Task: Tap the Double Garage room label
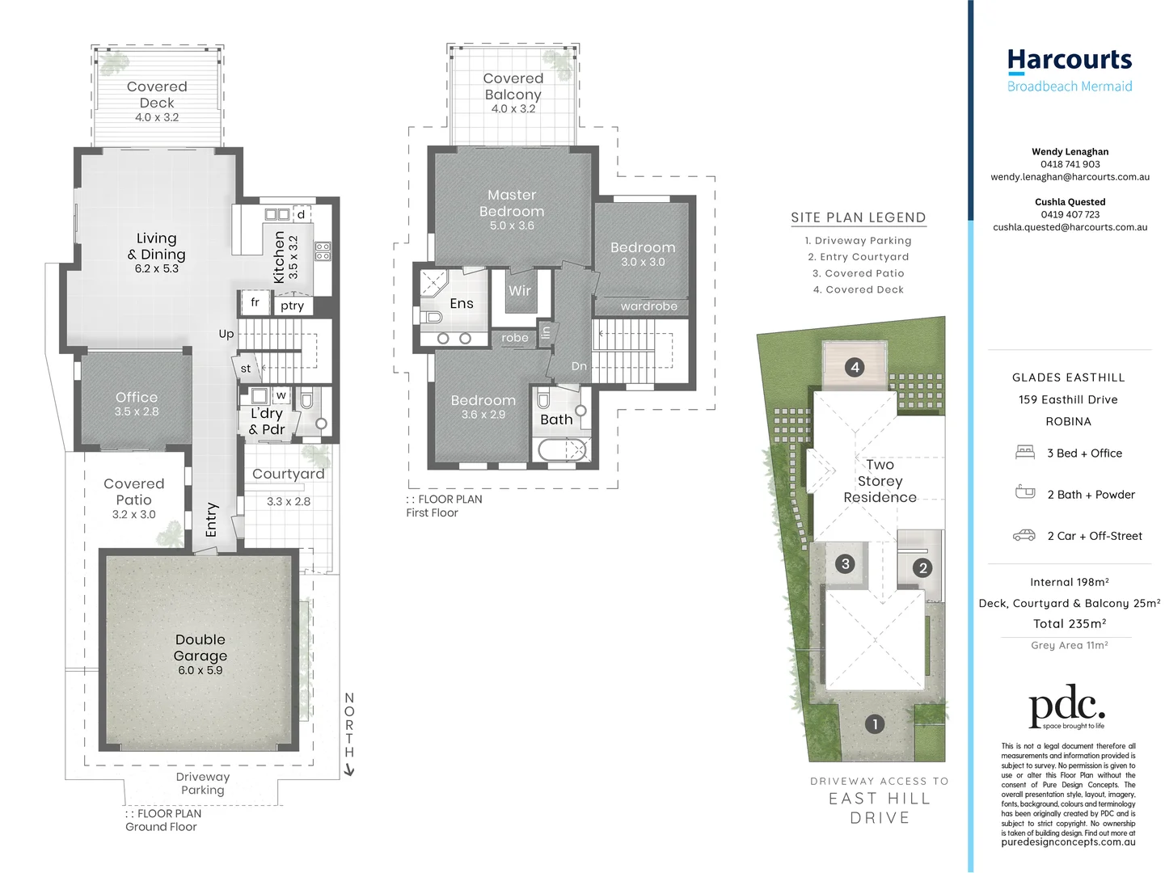point(200,648)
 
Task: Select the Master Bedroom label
point(512,204)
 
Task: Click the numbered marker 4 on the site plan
point(855,368)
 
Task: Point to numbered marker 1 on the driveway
point(874,724)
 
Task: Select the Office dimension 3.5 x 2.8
point(137,412)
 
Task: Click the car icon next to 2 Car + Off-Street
point(1024,536)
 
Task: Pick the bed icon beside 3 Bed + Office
point(1025,453)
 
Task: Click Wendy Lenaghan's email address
point(1070,177)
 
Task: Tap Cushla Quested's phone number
point(1070,215)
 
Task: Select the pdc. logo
point(1066,707)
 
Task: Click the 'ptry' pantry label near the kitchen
point(293,306)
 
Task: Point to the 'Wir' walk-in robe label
point(520,291)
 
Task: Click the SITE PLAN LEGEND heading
point(858,217)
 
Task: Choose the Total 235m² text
point(1069,624)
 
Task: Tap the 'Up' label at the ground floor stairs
point(226,334)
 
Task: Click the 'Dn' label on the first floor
point(579,366)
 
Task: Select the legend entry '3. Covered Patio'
point(858,273)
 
